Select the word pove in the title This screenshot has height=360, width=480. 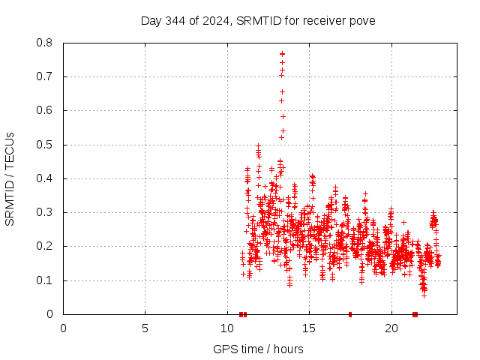pos(361,20)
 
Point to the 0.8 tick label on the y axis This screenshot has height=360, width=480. pos(46,43)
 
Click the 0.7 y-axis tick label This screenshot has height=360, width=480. pos(46,76)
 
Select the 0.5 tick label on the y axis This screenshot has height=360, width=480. pos(46,145)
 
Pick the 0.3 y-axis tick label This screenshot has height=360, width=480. pos(46,212)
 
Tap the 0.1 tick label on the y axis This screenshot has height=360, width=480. pos(46,280)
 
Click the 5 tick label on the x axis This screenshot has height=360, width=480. pos(145,328)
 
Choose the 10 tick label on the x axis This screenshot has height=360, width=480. pos(227,328)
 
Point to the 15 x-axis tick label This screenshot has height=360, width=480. pos(309,328)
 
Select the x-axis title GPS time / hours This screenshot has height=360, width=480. pos(258,349)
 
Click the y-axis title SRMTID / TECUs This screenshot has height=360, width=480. pos(10,179)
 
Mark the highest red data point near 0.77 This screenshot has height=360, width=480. pos(282,53)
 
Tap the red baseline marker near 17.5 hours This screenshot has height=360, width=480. pos(350,314)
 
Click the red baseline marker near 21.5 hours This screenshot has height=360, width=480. pos(415,314)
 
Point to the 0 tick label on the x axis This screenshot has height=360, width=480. pos(63,328)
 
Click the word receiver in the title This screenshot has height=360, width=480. pos(323,20)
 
